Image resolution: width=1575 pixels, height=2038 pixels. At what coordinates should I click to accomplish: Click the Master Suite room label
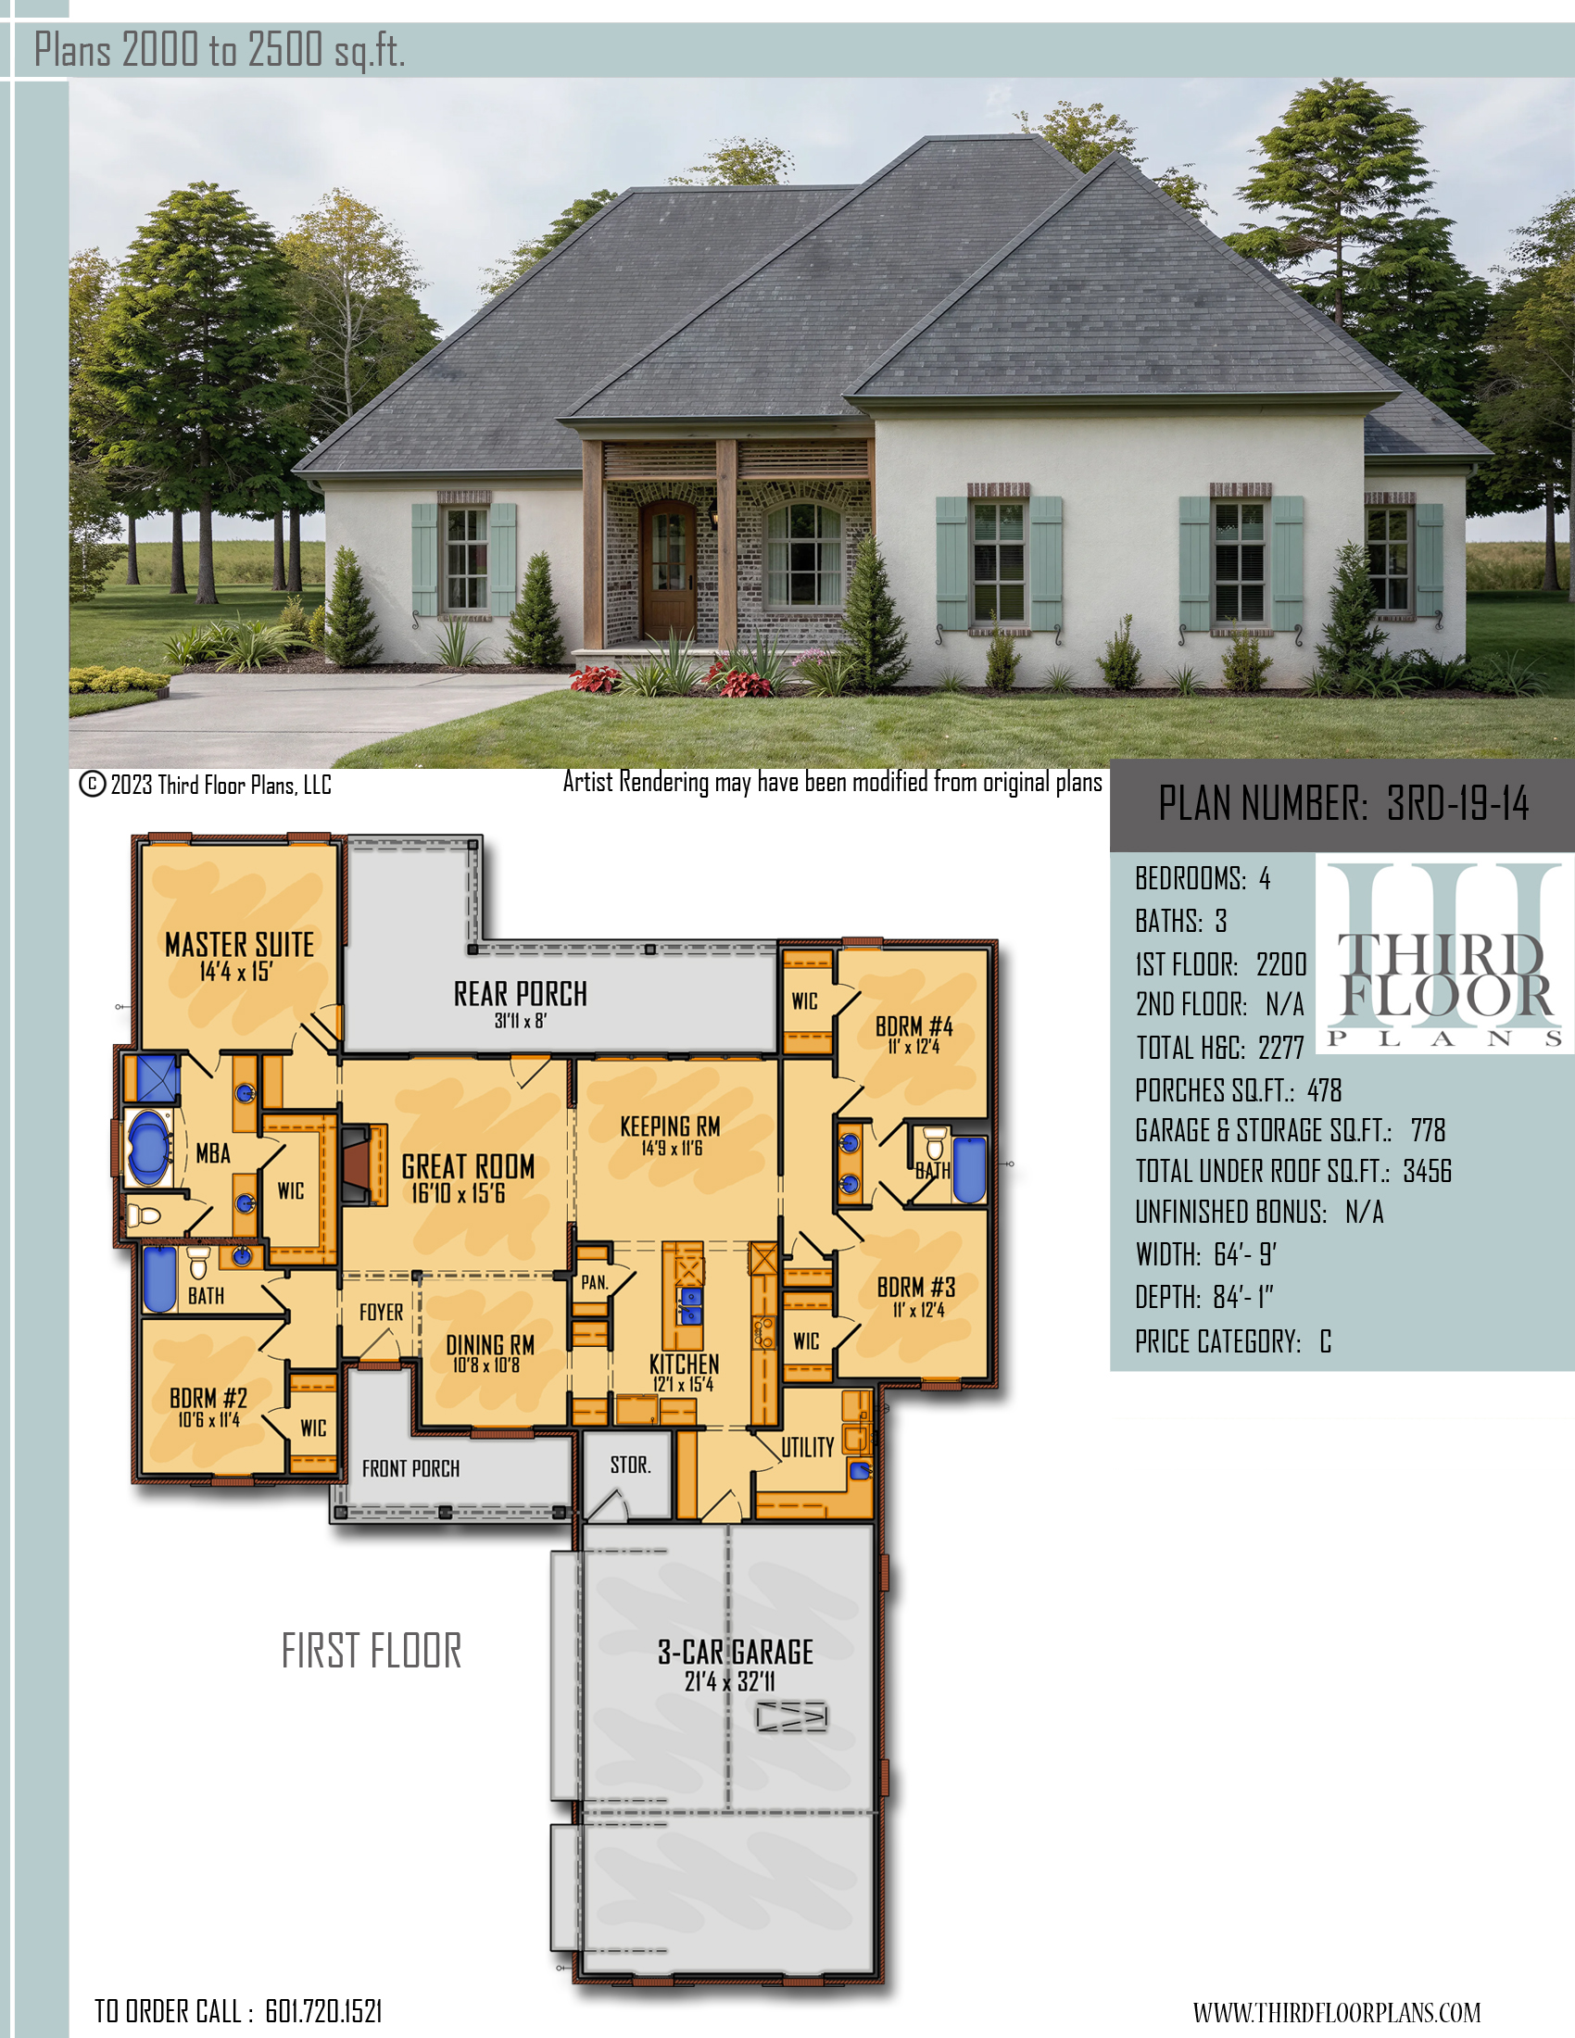(240, 944)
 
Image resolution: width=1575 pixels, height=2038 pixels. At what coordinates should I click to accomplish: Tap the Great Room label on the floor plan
(469, 1166)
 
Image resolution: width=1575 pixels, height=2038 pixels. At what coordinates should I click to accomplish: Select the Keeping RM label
(670, 1126)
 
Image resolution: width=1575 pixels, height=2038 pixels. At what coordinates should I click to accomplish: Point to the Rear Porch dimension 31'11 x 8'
(521, 1021)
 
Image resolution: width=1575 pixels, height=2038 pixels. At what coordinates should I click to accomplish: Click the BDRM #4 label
(914, 1026)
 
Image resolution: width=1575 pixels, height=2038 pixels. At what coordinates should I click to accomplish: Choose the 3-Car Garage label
(736, 1653)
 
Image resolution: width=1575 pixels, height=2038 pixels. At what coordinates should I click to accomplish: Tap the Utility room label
(808, 1447)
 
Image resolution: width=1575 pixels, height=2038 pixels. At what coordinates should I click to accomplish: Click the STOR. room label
(631, 1466)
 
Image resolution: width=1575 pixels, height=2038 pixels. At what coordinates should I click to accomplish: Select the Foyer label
(382, 1312)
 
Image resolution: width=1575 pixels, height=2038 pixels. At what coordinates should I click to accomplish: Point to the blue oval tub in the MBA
(146, 1147)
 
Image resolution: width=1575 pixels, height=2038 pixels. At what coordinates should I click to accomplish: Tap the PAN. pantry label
(595, 1283)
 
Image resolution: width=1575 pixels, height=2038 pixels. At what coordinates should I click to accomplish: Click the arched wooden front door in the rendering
(668, 569)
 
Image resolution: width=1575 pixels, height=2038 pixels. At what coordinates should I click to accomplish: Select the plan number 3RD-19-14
(1457, 803)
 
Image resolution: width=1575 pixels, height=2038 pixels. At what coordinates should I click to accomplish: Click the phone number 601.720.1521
(323, 2012)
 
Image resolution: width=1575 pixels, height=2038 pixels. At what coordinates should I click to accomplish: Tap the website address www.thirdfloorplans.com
(1337, 2013)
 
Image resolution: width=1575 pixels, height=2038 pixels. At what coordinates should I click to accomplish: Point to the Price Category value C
(1326, 1342)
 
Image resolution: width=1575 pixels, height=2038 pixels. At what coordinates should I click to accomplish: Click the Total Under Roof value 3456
(1428, 1171)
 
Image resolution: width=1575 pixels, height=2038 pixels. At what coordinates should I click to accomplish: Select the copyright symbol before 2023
(92, 784)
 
